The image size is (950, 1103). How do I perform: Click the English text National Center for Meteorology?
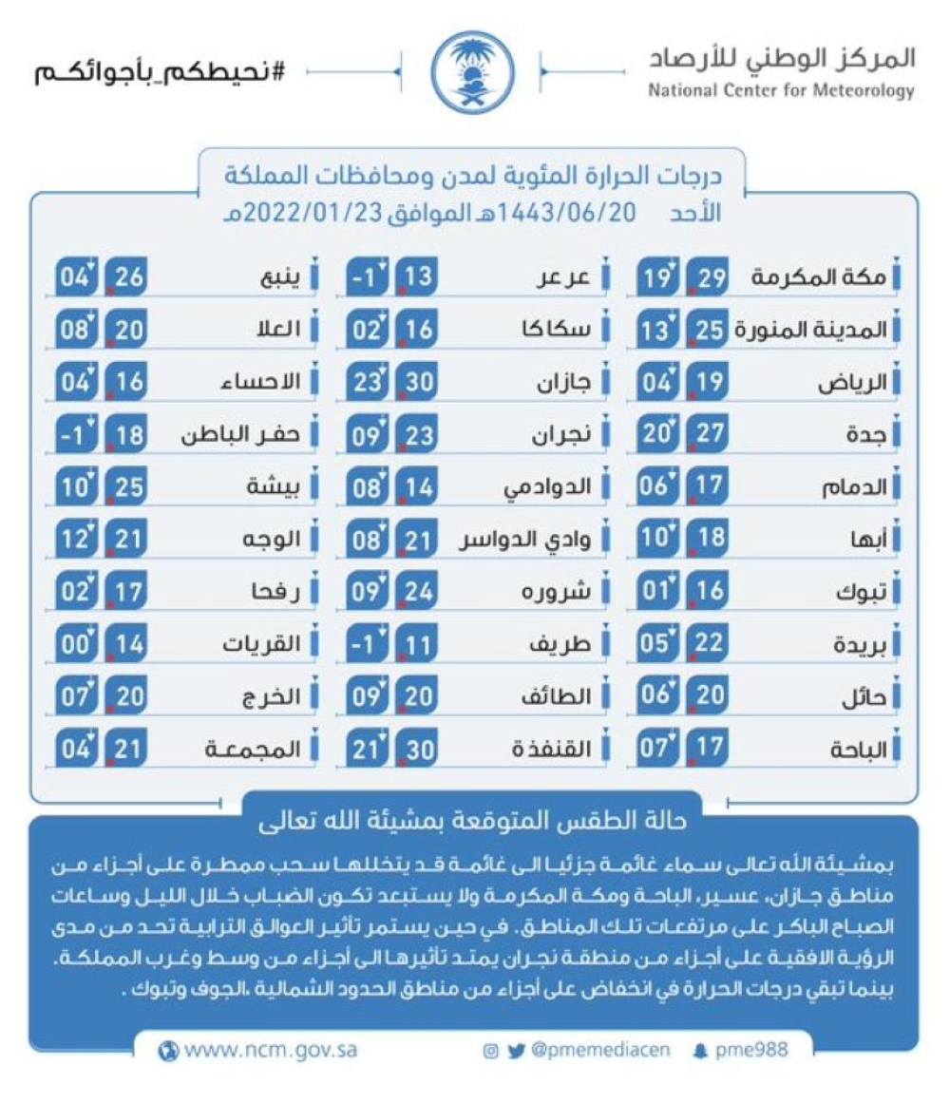(x=781, y=92)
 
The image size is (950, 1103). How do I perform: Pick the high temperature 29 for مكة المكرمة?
(x=706, y=277)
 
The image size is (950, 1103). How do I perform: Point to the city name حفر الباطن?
(x=241, y=435)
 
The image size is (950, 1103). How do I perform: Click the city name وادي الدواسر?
(x=525, y=541)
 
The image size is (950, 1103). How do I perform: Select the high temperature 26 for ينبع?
(x=124, y=277)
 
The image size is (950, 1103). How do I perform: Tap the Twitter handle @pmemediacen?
(x=599, y=1051)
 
